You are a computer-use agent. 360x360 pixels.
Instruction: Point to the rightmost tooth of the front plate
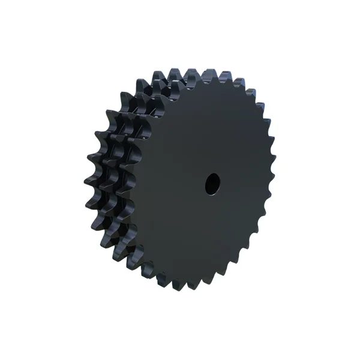coord(271,180)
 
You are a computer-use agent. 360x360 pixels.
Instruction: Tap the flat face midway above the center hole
coord(211,129)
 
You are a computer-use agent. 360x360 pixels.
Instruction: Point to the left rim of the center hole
coord(206,184)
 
